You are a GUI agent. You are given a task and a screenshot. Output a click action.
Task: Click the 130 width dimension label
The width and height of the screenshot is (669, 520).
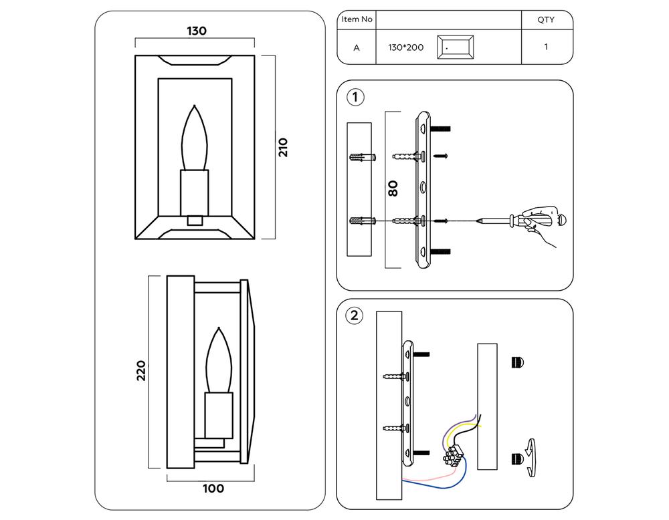(196, 31)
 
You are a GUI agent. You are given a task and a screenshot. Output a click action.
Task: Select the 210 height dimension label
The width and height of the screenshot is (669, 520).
(283, 147)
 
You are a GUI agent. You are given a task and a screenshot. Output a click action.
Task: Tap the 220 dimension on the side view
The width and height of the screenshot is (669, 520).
(141, 371)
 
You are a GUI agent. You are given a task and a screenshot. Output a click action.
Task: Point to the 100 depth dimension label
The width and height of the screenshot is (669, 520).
(213, 489)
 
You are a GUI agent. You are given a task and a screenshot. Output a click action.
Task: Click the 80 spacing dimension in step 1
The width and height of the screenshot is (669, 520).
(393, 188)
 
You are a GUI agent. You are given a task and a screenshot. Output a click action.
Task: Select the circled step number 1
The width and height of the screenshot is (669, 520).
(355, 98)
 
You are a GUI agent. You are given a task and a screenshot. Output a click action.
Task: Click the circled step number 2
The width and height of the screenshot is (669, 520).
(355, 315)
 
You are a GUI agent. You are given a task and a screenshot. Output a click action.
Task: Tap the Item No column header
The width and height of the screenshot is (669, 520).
(357, 19)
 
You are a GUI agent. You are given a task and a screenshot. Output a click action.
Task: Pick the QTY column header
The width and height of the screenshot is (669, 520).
(546, 20)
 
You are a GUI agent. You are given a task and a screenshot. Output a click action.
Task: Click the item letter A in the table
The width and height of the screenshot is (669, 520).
(357, 47)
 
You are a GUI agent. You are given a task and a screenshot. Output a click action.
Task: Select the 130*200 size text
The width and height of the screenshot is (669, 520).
(405, 48)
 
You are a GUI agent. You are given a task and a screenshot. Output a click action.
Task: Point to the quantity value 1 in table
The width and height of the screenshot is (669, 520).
(546, 47)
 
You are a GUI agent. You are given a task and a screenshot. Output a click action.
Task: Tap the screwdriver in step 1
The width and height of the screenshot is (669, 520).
(529, 220)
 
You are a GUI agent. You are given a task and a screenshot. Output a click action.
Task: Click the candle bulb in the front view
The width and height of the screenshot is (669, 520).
(195, 139)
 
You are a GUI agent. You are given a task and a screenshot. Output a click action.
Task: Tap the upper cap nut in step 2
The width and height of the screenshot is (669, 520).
(518, 362)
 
